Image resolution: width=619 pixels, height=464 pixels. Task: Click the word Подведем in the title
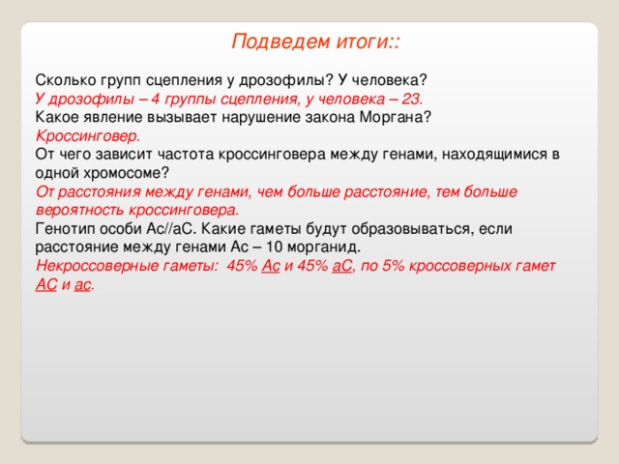point(280,43)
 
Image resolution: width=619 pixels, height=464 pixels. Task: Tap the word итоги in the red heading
point(363,43)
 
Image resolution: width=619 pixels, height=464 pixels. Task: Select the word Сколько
point(66,80)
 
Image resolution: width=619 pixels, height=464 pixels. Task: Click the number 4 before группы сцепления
point(155,99)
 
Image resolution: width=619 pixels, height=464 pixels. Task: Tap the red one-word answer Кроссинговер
point(88,136)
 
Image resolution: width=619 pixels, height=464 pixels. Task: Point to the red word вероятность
point(79,210)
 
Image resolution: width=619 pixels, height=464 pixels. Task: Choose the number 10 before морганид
point(274,247)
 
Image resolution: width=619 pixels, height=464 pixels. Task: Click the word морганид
point(323,247)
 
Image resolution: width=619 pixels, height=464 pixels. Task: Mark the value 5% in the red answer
point(394,266)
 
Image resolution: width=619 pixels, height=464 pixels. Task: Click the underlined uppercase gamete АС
point(46,284)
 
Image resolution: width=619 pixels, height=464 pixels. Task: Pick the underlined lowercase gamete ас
point(82,285)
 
